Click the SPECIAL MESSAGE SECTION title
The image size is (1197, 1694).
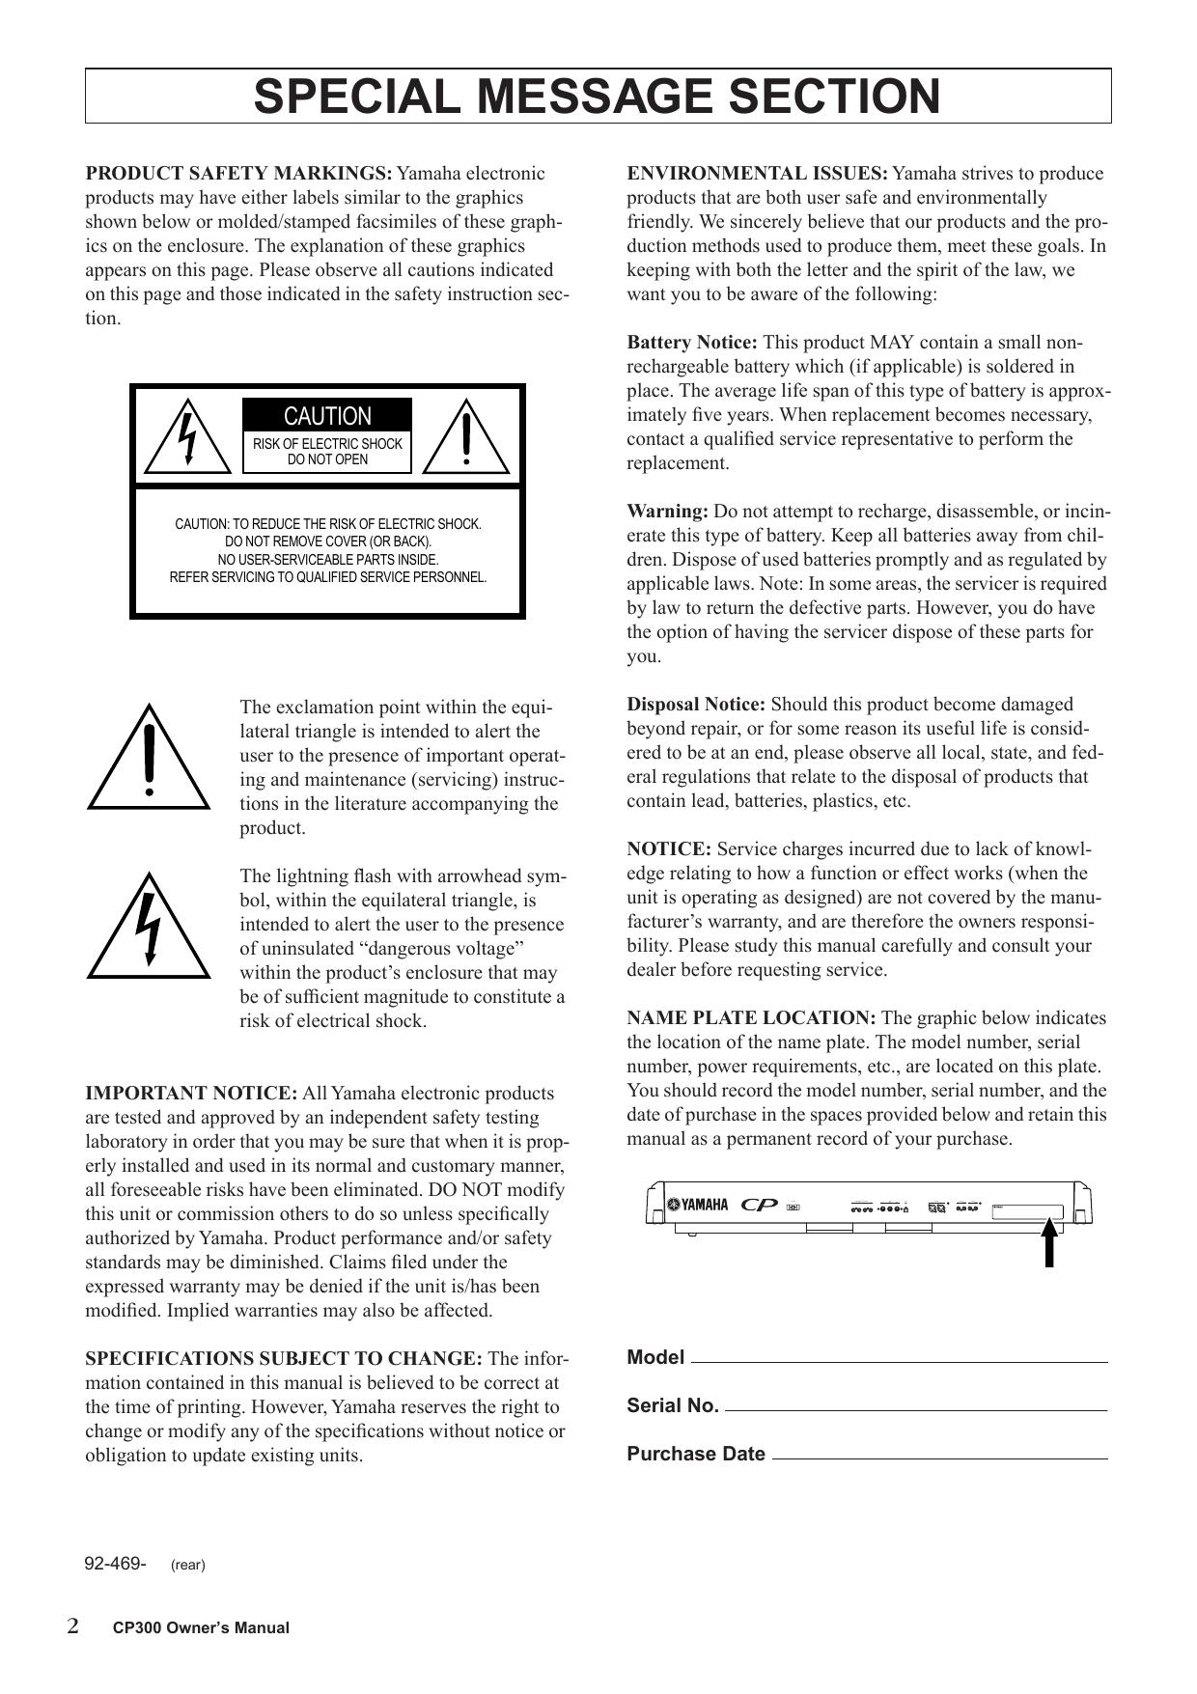(597, 97)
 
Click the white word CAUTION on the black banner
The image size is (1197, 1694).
(327, 417)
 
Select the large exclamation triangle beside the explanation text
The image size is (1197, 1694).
(149, 759)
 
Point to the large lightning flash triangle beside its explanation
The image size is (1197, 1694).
(149, 928)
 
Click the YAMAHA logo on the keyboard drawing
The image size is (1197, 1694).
(698, 1204)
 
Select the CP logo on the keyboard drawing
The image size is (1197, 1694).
(760, 1205)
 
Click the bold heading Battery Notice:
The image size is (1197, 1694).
(692, 343)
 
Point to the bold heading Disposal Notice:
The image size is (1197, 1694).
(696, 705)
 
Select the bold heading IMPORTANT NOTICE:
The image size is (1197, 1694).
(191, 1094)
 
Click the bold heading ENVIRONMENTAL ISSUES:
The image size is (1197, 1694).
(757, 174)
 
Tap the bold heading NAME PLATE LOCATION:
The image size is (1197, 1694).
(751, 1018)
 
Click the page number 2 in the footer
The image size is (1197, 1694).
(73, 1625)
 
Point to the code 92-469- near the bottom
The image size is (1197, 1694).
(116, 1564)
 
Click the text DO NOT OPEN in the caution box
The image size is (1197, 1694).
(327, 459)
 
